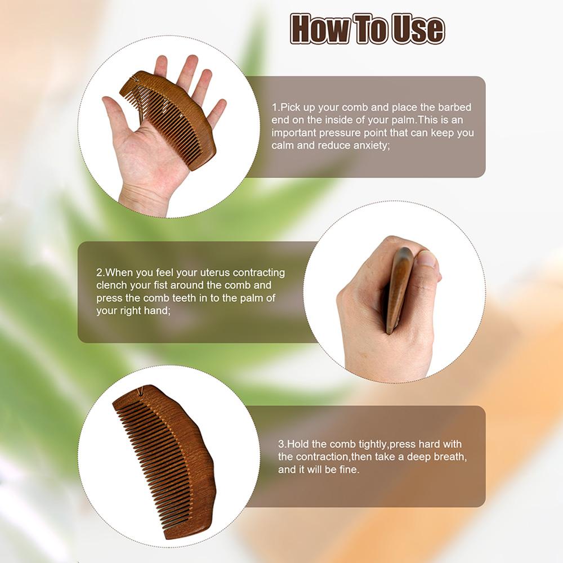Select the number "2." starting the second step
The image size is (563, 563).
pos(101,272)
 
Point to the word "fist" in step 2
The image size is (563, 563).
pos(172,285)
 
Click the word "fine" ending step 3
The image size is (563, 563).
pos(347,469)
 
